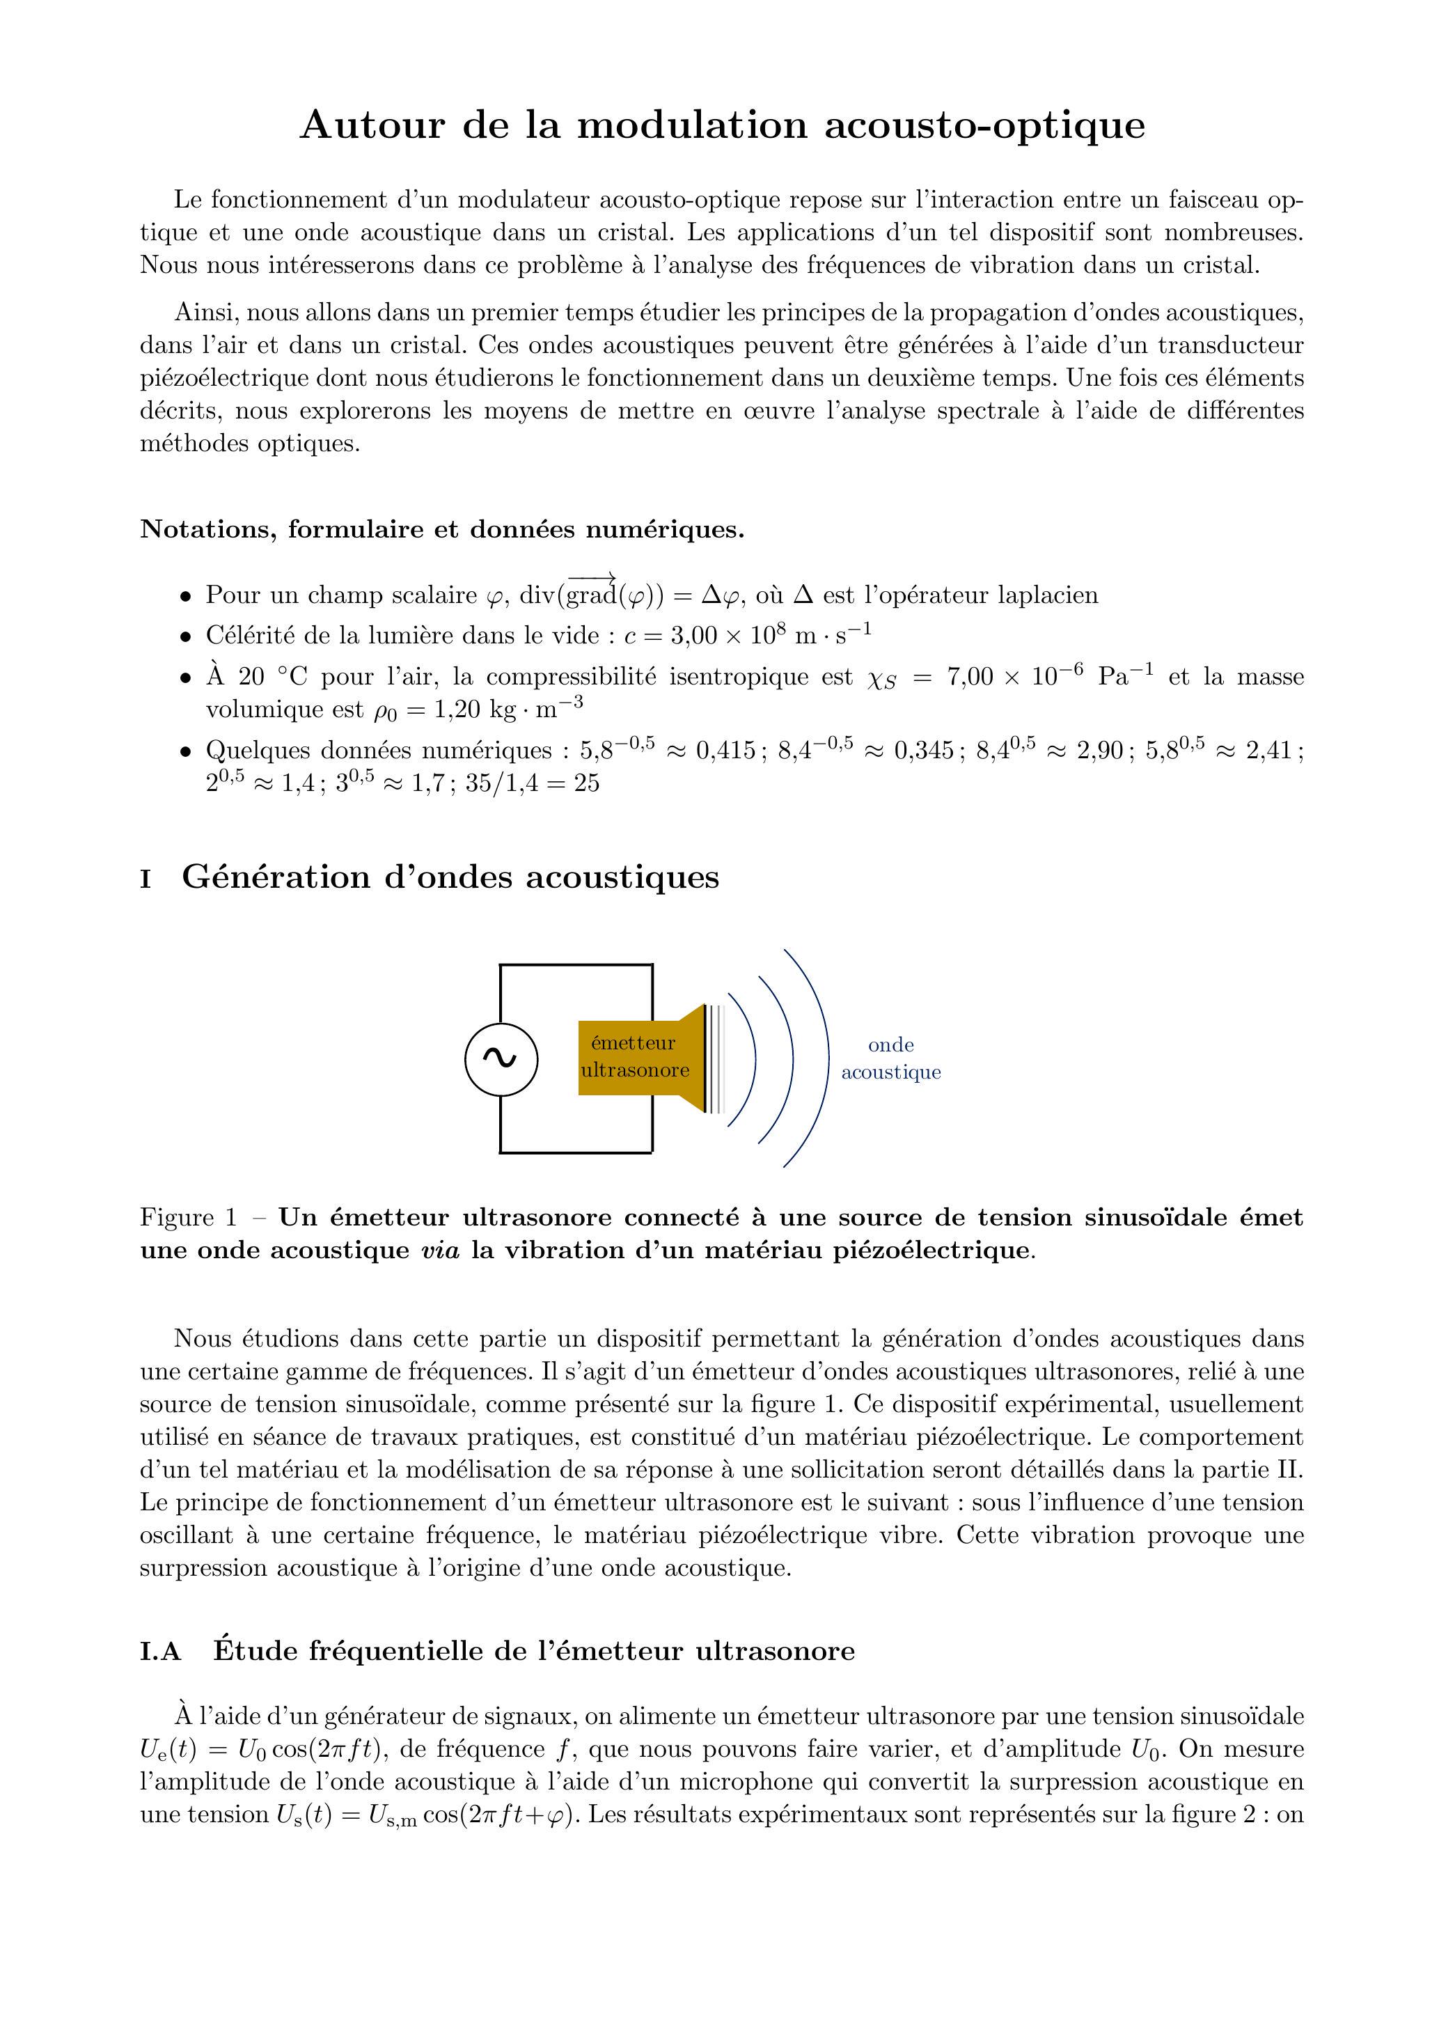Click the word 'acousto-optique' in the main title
coord(984,125)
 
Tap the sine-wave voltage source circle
coord(501,1059)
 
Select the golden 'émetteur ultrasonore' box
coord(634,1058)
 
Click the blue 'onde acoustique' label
coord(890,1059)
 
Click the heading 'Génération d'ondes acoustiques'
coord(450,877)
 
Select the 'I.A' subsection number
coord(161,1651)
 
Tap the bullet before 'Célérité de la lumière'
coord(185,636)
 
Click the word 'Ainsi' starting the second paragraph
coord(205,313)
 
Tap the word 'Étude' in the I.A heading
coord(256,1651)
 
